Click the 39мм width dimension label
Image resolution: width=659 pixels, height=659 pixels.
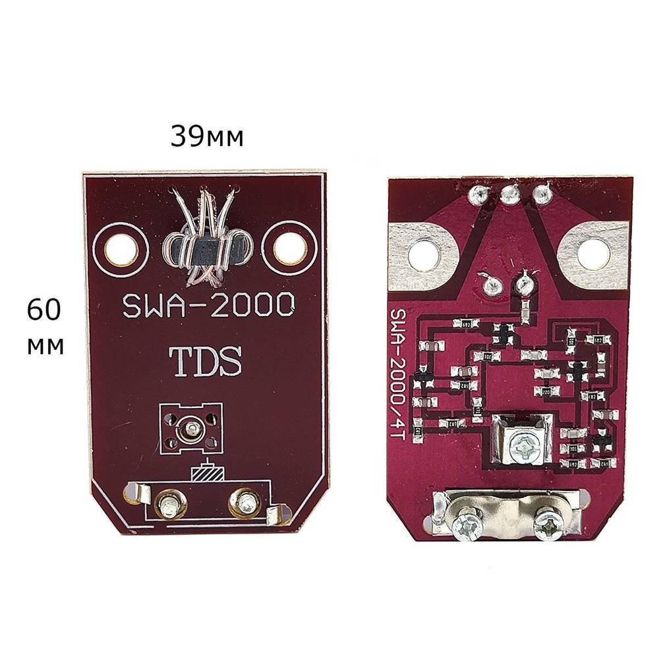tap(207, 136)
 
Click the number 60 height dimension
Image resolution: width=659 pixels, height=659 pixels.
tap(45, 310)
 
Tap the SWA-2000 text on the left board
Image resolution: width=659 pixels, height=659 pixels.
tap(208, 304)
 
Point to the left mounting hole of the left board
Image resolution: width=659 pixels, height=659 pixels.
tap(120, 248)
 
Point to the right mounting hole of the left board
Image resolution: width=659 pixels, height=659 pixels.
tap(290, 248)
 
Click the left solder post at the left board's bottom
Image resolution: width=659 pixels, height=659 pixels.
tap(169, 505)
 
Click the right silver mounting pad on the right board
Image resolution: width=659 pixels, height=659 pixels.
tap(593, 251)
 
